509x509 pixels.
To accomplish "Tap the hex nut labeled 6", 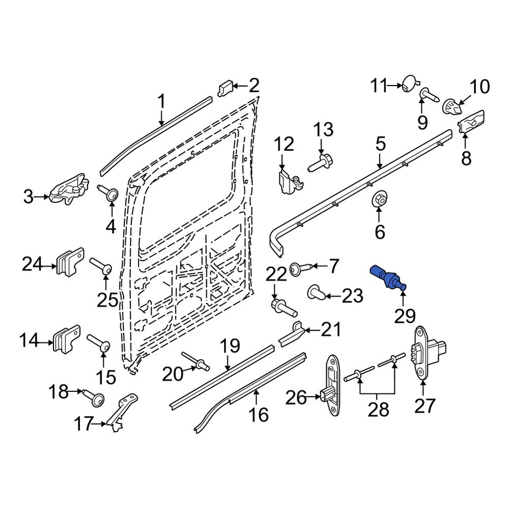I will tap(379, 200).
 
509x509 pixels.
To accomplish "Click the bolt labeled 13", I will tap(320, 164).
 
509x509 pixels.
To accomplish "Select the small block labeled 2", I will tap(226, 89).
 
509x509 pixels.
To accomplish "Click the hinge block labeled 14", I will tap(66, 338).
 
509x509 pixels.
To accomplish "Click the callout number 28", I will tap(378, 410).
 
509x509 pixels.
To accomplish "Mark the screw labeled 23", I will tap(315, 293).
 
